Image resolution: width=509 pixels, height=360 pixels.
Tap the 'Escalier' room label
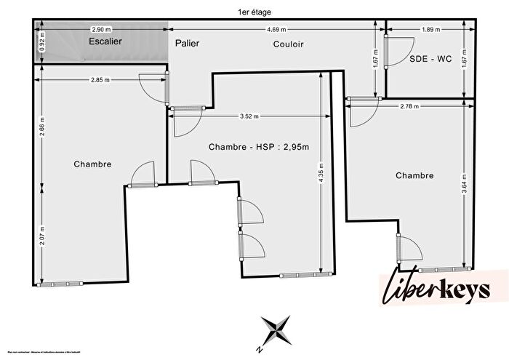click(x=106, y=42)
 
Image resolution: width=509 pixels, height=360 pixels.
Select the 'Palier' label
click(x=187, y=44)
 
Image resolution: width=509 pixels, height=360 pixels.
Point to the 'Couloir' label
click(x=289, y=44)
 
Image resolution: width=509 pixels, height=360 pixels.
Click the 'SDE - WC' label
click(x=430, y=60)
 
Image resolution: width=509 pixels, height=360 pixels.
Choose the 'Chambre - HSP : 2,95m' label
click(x=259, y=147)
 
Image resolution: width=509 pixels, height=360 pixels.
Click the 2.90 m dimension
click(x=101, y=29)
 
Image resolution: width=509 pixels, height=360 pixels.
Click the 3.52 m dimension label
click(x=249, y=116)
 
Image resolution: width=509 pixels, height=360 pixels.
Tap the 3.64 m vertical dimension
click(x=465, y=180)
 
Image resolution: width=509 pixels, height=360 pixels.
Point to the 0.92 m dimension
click(x=41, y=42)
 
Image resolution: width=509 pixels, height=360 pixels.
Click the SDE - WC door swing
click(x=396, y=50)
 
